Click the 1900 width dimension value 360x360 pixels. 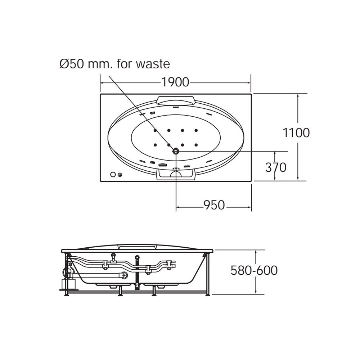pos(175,82)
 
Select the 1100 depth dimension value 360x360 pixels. pos(296,133)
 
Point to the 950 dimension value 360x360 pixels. pos(214,205)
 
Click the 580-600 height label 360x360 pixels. pos(254,270)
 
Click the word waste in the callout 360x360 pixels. pos(153,64)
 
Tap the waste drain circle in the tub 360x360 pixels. pos(176,151)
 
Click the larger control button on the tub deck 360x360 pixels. pos(113,175)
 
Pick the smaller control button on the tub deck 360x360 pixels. pos(120,175)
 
